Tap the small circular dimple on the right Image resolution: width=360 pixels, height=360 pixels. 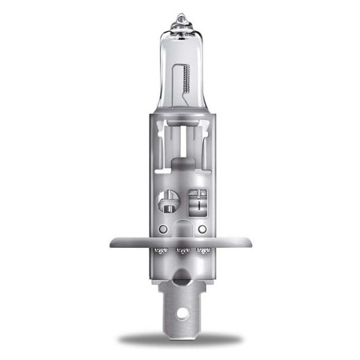pos(202,228)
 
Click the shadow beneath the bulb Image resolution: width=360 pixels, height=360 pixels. pos(180,339)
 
